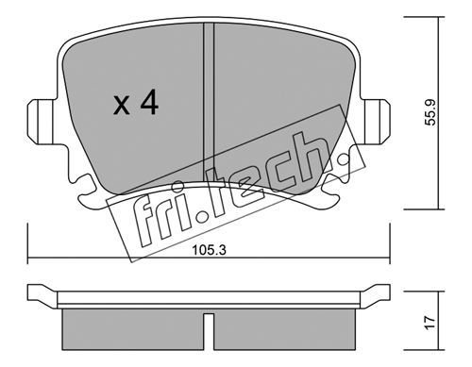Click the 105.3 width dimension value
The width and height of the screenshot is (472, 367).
click(210, 251)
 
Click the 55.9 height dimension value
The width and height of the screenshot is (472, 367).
click(430, 112)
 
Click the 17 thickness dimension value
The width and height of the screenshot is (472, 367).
click(430, 323)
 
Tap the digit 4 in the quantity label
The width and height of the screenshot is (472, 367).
click(149, 102)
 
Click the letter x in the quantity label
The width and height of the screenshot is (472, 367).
click(122, 106)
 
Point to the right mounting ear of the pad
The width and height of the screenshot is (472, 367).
click(376, 122)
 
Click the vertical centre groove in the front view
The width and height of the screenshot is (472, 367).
click(209, 104)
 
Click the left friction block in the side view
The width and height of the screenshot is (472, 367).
click(133, 329)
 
